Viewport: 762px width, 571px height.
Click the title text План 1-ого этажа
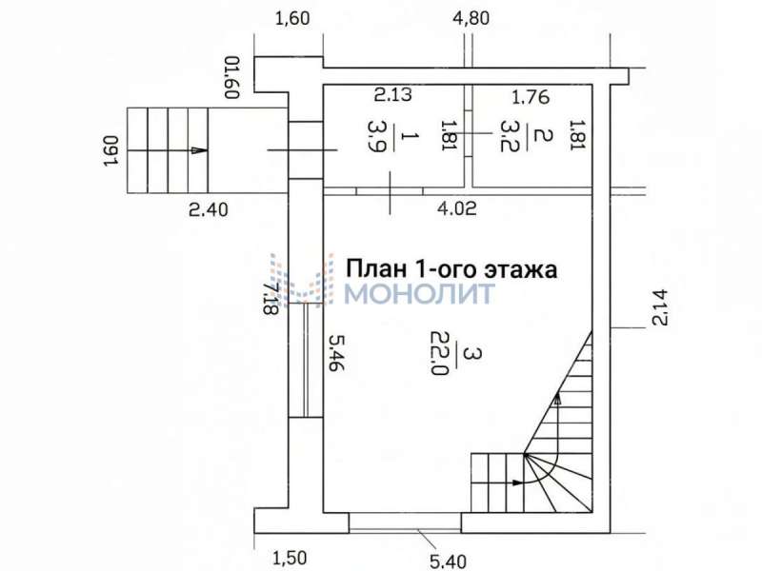(x=451, y=268)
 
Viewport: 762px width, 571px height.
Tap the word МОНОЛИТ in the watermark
(x=419, y=293)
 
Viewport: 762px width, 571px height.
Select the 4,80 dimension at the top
(x=472, y=17)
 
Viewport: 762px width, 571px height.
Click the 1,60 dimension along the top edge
(x=292, y=17)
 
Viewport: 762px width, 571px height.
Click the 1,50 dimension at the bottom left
(x=290, y=558)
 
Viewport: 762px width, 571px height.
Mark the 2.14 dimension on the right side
(x=661, y=306)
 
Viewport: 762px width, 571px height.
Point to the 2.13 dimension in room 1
(x=392, y=94)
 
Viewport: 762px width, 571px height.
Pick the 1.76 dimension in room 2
(x=531, y=95)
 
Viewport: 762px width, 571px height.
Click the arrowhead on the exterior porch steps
(x=197, y=150)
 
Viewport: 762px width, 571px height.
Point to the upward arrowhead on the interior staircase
(x=557, y=400)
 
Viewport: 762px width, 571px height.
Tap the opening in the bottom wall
(x=405, y=523)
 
